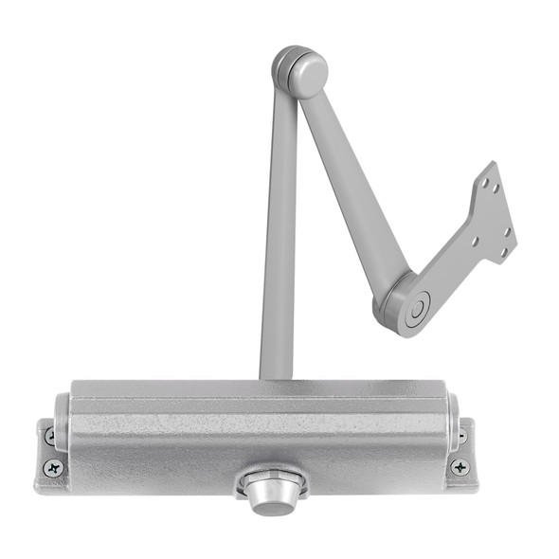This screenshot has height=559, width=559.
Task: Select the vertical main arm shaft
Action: pyautogui.click(x=278, y=237)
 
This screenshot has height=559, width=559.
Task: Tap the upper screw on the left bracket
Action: pyautogui.click(x=50, y=436)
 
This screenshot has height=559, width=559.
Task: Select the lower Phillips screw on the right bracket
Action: pyautogui.click(x=460, y=466)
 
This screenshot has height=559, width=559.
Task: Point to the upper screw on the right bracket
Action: pyautogui.click(x=461, y=435)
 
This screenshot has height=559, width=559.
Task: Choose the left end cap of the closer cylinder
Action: pyautogui.click(x=62, y=422)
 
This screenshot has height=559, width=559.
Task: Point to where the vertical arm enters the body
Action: pyautogui.click(x=276, y=376)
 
